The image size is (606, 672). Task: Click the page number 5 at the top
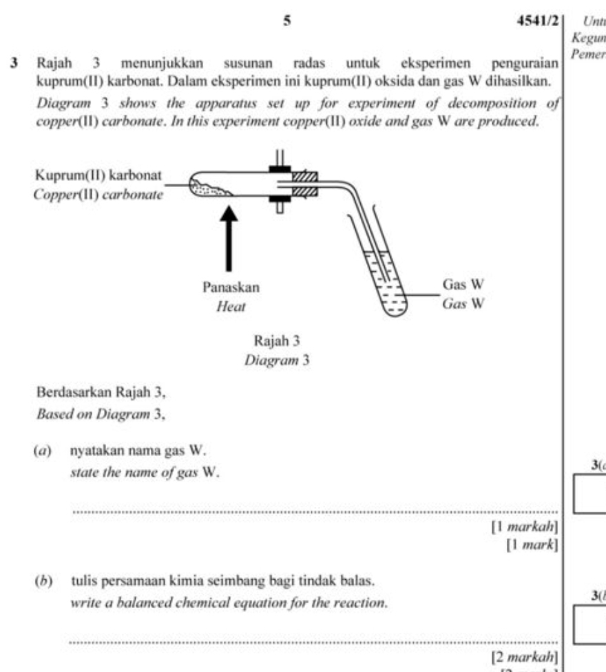coord(286,21)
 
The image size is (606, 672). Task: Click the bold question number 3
coord(12,64)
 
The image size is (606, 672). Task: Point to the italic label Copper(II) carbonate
coord(98,194)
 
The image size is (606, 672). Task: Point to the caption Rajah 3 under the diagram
coord(277,340)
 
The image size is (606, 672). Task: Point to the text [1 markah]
coord(524,528)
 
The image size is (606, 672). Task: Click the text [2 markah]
coord(524,657)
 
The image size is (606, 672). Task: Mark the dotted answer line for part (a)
coord(313,512)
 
